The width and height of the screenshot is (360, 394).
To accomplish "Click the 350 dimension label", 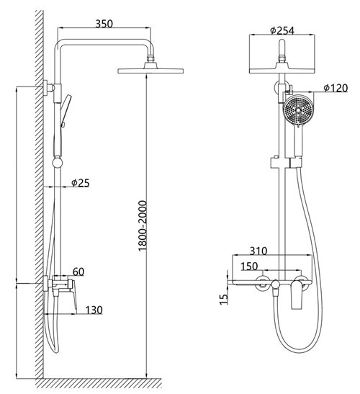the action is point(104,24).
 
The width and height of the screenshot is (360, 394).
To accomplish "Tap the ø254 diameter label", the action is point(282,30).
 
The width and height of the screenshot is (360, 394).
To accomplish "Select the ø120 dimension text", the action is point(336,88).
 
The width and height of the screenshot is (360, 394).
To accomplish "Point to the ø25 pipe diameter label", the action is point(81,183).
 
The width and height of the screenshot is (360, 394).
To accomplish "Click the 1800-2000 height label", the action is point(142,225).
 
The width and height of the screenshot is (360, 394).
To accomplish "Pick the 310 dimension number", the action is point(258,251).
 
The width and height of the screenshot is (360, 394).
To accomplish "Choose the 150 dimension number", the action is point(249,266).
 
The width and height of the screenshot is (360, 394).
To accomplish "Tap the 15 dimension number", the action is point(224,299).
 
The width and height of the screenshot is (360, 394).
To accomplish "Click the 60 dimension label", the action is point(78,272).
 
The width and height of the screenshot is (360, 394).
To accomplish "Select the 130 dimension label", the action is point(94,310).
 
